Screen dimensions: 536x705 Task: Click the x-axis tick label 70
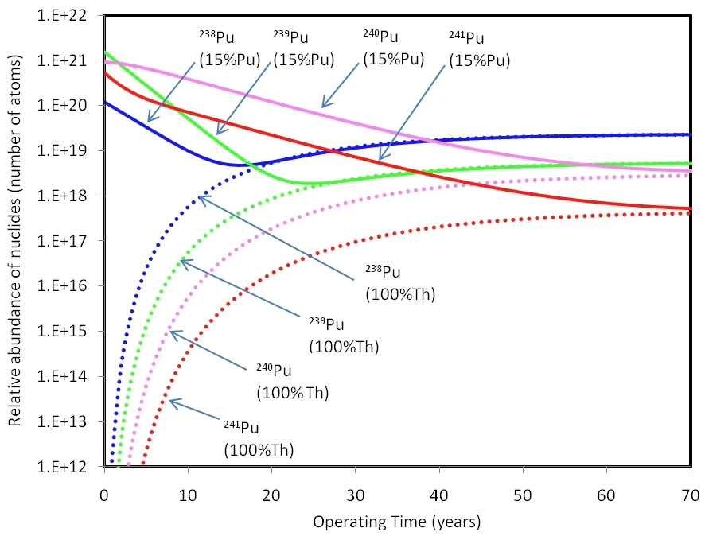(690, 494)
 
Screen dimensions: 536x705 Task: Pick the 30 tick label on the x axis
(355, 494)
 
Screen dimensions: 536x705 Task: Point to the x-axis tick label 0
(104, 494)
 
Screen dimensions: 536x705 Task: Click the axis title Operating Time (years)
(396, 522)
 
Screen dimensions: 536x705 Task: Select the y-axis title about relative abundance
(16, 240)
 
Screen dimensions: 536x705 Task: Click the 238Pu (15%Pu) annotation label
(229, 49)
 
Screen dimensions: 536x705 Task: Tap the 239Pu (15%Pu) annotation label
(303, 49)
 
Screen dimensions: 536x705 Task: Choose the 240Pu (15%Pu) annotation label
(392, 49)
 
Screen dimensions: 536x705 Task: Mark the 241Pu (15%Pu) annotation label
(479, 49)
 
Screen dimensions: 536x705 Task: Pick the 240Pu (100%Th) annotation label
(292, 381)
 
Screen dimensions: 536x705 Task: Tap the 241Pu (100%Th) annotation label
(259, 438)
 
